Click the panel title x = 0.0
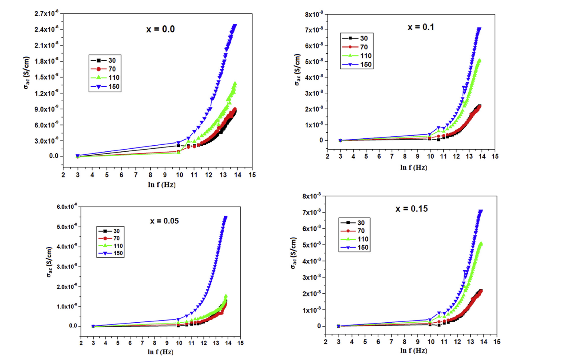point(160,29)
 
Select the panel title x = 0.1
point(420,27)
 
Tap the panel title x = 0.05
point(164,221)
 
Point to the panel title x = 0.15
point(411,209)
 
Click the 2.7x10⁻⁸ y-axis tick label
point(46,14)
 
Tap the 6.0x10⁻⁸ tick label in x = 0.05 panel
point(67,207)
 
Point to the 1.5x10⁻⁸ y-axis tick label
point(46,77)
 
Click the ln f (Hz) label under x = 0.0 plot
point(161,185)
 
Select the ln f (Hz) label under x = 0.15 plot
point(413,351)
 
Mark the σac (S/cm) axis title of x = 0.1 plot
point(298,69)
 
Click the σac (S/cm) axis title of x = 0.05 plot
point(49,262)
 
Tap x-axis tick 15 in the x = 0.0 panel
point(252,175)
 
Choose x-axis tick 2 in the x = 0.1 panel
point(327,157)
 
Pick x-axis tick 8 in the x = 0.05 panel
point(155,343)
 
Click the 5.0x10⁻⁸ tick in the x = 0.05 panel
point(67,227)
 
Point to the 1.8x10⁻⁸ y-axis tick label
point(46,61)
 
